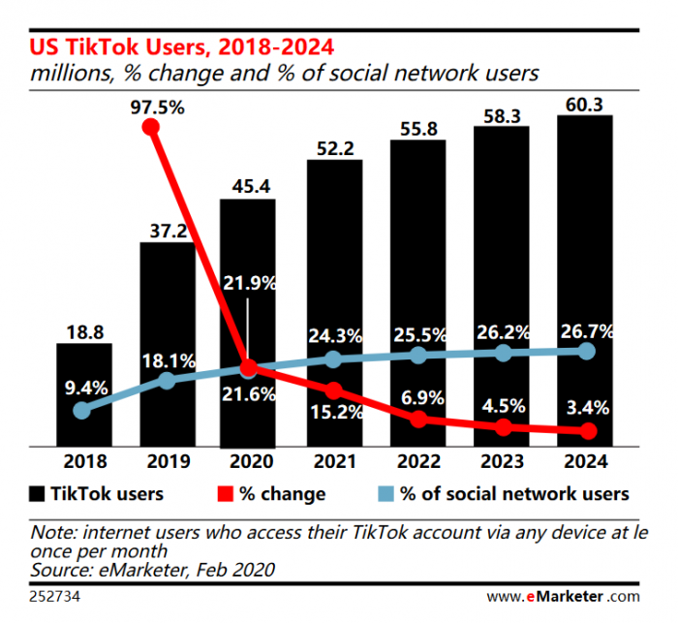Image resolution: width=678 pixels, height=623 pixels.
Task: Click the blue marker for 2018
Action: (83, 410)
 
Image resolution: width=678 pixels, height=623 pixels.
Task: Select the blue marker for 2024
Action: (586, 351)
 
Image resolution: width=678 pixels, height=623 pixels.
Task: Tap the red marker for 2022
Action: (418, 420)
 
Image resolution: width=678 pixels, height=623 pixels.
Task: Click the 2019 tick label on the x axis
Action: (167, 461)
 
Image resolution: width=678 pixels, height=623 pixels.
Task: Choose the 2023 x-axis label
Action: (502, 461)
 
